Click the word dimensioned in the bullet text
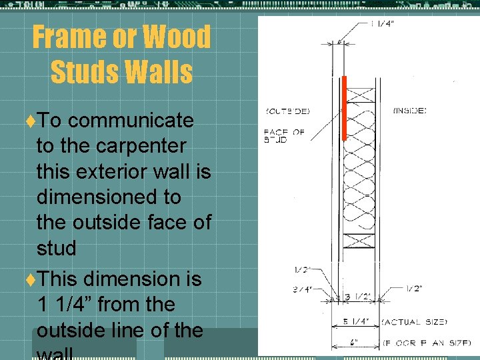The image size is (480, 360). point(108,197)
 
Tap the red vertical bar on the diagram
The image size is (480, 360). point(344,108)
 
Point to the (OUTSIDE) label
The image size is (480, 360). point(287,111)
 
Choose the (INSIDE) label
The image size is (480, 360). point(410,111)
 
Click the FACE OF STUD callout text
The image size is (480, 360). point(284,136)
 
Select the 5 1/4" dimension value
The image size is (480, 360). point(356,321)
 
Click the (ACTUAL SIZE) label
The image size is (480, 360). point(415,322)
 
